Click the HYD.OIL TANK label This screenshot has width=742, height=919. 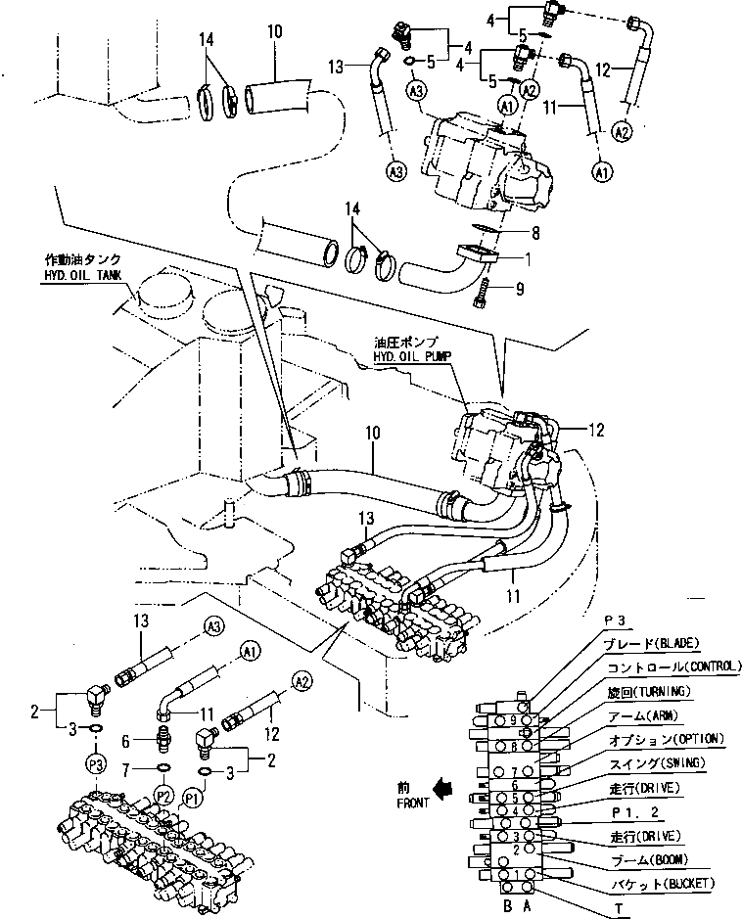click(x=82, y=276)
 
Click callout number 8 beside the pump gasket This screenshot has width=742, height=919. click(x=536, y=235)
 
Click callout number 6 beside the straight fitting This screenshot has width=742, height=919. click(x=139, y=743)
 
